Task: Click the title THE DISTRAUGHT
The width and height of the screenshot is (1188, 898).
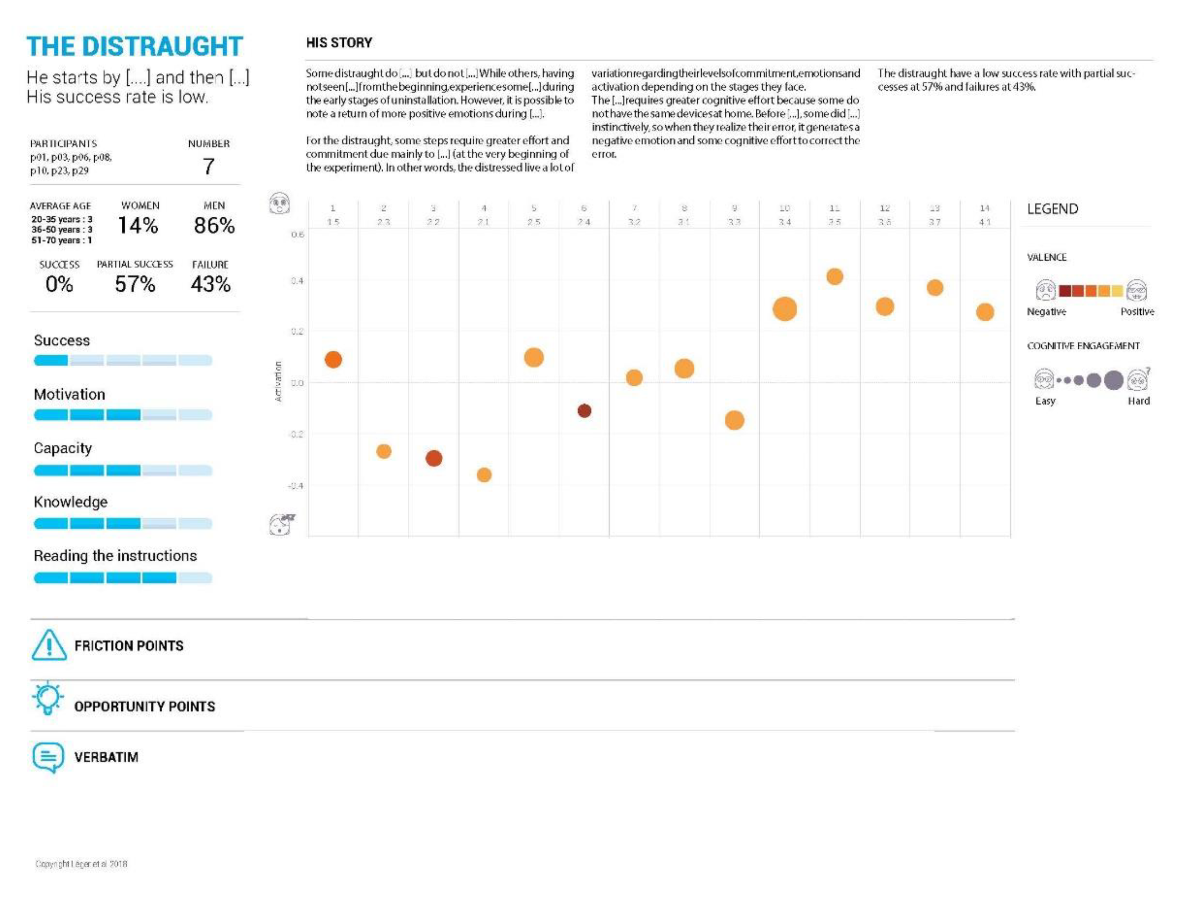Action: coord(135,46)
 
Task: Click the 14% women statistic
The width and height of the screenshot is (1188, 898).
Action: coord(138,225)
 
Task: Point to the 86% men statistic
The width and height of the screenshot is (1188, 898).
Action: coord(214,225)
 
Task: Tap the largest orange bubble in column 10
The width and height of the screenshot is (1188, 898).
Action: coord(784,309)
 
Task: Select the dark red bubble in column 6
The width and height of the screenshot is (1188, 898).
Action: coord(584,411)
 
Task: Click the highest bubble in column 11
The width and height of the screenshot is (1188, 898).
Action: coord(835,276)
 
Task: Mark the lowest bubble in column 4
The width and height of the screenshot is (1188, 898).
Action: coord(484,475)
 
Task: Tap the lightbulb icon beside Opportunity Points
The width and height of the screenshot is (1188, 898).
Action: coord(48,698)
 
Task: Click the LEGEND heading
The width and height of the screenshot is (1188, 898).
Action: coord(1052,209)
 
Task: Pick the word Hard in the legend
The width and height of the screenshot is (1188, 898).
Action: coord(1138,401)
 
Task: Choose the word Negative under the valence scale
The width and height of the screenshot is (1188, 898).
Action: coord(1046,312)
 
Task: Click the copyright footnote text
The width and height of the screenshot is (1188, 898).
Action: coord(81,863)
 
